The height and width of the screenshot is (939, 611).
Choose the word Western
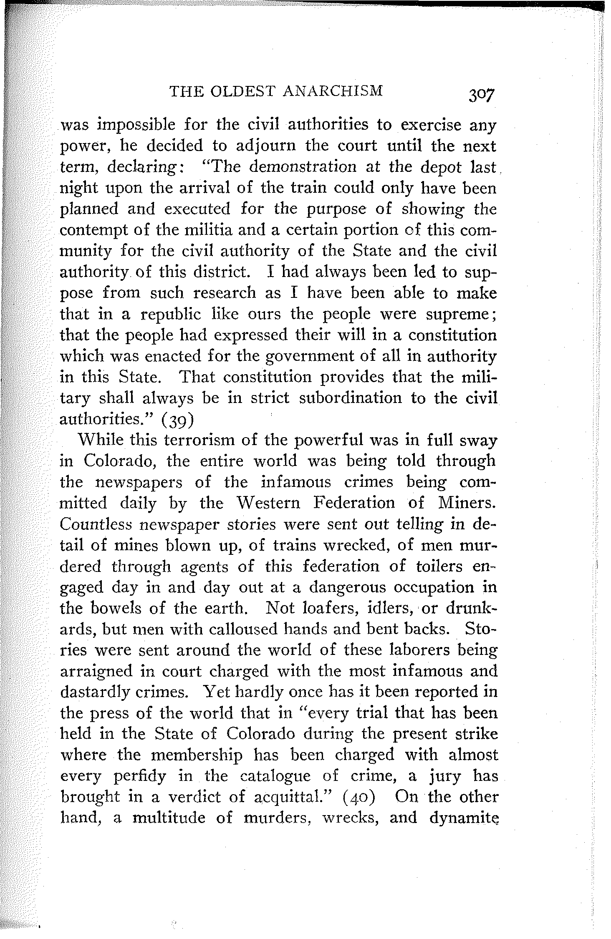[265, 503]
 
